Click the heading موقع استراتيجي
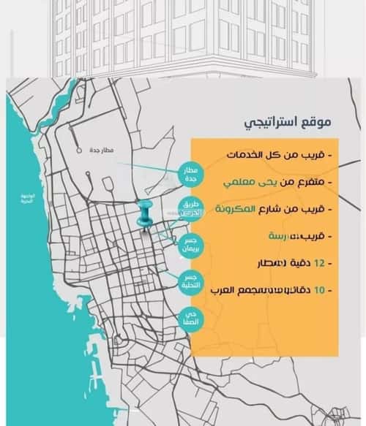click(287, 121)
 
